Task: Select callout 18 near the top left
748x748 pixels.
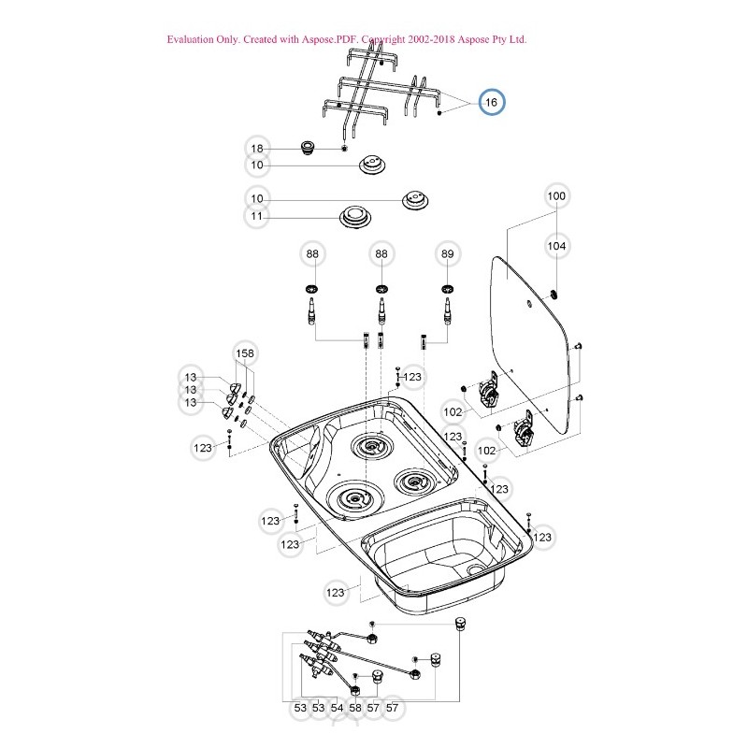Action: tap(257, 149)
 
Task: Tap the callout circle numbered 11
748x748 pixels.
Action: tap(257, 217)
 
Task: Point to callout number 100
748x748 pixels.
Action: tap(556, 196)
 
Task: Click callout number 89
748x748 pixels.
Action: tap(448, 253)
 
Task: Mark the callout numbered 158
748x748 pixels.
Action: tap(244, 353)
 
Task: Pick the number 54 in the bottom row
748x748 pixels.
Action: tap(337, 709)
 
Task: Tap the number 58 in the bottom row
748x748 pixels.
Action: tap(355, 709)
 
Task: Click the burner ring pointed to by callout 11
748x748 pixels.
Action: tap(355, 215)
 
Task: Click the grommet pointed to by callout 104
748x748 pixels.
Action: tap(554, 295)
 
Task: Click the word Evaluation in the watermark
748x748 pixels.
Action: tap(191, 40)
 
